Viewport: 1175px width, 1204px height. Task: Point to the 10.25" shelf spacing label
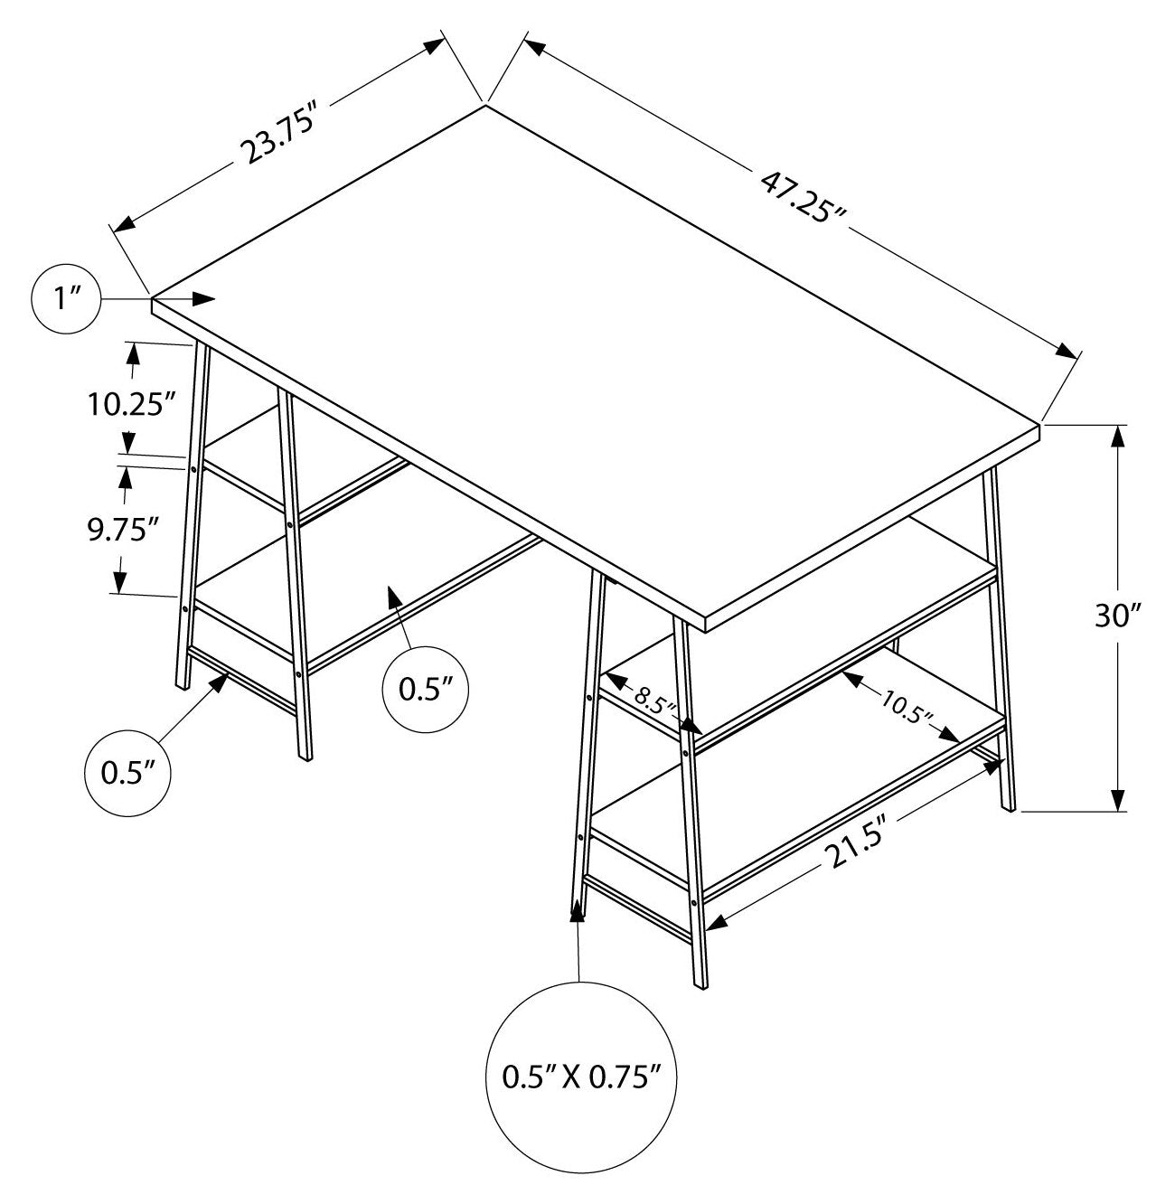[x=131, y=404]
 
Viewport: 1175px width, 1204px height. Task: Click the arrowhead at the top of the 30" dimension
[x=1118, y=436]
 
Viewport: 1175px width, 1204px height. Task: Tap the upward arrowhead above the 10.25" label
[x=134, y=354]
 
